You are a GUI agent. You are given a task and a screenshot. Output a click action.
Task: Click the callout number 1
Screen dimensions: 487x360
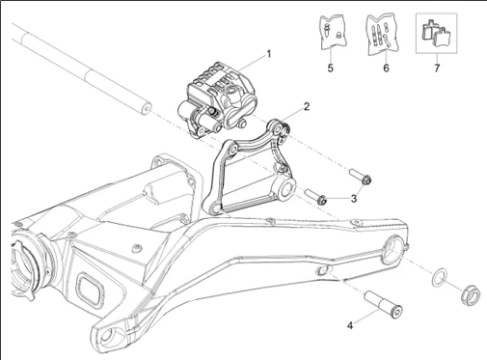(x=269, y=54)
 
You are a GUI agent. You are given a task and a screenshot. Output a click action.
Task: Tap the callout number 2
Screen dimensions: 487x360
(x=307, y=106)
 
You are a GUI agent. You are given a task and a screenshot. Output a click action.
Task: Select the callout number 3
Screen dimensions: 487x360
(x=354, y=199)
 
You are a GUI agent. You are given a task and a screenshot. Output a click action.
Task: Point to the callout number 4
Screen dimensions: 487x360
(x=350, y=325)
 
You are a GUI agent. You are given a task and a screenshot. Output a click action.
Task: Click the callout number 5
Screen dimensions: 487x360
(x=331, y=68)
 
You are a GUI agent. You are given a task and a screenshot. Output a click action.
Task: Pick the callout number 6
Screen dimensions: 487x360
(x=386, y=68)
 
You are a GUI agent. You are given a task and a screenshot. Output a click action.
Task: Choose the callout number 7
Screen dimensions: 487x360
(x=437, y=69)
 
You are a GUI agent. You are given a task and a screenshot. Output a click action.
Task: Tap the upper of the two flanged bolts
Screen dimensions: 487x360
(x=361, y=177)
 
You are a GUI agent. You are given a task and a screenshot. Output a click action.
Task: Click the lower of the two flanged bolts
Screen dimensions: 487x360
(x=316, y=197)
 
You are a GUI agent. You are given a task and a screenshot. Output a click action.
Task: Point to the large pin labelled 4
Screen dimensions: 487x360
(x=384, y=304)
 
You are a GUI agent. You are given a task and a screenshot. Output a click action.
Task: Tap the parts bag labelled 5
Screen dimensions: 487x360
(x=333, y=33)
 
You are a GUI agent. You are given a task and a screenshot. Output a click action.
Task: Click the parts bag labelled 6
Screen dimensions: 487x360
(x=382, y=34)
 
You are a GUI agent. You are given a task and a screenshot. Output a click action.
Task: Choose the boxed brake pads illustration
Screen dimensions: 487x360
(x=436, y=33)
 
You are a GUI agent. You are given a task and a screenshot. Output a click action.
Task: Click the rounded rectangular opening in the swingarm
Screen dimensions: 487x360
(x=90, y=288)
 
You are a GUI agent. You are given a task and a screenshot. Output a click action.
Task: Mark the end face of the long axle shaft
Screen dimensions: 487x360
(x=147, y=108)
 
